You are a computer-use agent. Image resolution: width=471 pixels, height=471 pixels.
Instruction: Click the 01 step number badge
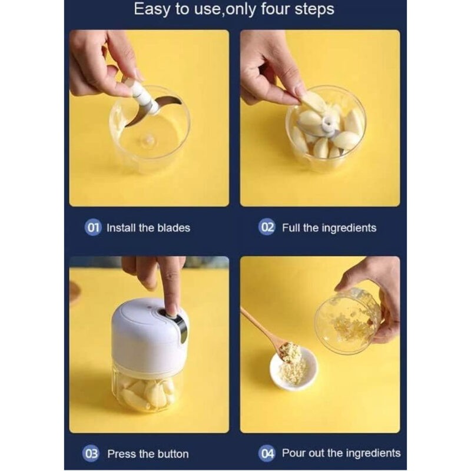(93, 228)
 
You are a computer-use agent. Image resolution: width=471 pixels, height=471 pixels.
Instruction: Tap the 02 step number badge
(267, 227)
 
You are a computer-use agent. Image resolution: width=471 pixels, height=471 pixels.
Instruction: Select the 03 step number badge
(91, 453)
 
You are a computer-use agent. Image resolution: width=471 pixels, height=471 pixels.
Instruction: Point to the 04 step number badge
(267, 453)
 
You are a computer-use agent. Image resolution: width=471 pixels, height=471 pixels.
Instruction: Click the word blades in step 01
(174, 228)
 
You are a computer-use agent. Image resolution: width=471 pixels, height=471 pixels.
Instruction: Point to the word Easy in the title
(152, 9)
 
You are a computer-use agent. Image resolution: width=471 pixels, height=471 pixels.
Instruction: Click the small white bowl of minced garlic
(293, 369)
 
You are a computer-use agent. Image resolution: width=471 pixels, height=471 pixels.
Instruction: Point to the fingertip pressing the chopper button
(172, 311)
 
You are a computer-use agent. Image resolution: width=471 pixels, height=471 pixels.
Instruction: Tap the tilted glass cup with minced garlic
(348, 321)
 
